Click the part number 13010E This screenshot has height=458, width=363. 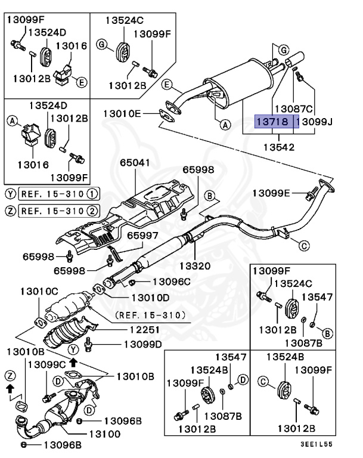click(x=122, y=113)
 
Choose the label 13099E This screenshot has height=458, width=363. click(x=271, y=193)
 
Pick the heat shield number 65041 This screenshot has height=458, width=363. click(x=134, y=162)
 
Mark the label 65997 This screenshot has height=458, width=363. click(x=143, y=236)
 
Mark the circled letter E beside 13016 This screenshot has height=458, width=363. click(x=82, y=82)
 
